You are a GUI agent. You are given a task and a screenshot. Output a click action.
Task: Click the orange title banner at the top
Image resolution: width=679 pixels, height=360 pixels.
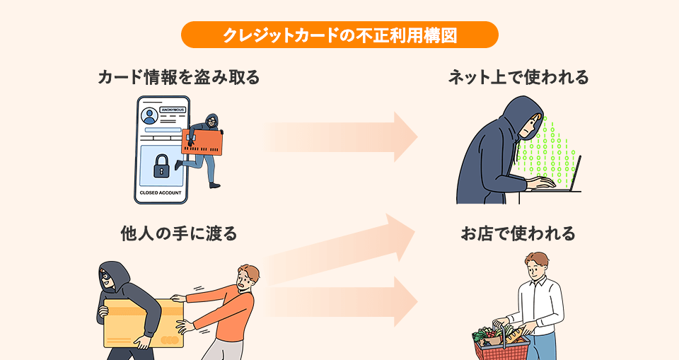tap(339, 35)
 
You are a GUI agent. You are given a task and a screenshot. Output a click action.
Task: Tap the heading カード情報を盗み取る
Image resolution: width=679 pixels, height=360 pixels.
tap(178, 77)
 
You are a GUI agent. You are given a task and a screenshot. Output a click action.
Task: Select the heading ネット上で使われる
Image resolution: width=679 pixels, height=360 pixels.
tap(518, 77)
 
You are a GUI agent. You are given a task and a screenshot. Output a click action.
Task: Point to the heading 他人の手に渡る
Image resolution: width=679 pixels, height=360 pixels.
tap(178, 233)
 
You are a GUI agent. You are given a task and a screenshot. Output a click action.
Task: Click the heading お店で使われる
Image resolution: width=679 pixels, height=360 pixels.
tap(518, 233)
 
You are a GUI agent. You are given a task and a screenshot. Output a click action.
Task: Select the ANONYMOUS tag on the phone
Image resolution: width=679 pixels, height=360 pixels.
tap(173, 110)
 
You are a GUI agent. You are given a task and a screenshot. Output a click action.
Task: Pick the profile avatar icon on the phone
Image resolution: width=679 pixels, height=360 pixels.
tap(149, 116)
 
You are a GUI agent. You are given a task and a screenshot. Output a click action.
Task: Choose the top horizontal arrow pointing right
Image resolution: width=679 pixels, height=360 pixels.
tap(343, 136)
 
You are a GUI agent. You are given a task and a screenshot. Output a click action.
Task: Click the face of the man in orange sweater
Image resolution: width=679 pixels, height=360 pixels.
tap(246, 277)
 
